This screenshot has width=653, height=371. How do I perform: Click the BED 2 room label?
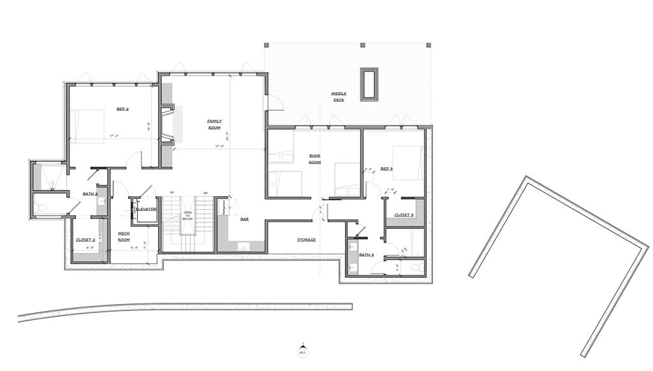click(122, 109)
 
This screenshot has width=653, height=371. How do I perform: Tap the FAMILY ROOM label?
click(214, 124)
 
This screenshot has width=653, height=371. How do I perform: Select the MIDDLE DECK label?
click(339, 96)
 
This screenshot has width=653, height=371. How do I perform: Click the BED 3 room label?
click(386, 169)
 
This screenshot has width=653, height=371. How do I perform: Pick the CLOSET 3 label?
click(404, 215)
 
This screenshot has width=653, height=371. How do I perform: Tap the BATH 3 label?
click(365, 255)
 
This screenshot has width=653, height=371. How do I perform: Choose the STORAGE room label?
click(306, 240)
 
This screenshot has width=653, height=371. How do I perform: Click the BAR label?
click(244, 219)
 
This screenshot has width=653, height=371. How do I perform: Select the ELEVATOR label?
click(146, 209)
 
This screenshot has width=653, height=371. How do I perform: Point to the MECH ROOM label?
click(124, 236)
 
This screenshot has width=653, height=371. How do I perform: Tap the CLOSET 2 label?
click(85, 240)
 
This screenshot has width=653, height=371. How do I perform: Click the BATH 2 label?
click(90, 193)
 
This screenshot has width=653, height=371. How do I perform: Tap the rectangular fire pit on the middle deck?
click(369, 84)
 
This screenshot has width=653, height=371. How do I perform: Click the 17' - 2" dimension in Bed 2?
click(115, 136)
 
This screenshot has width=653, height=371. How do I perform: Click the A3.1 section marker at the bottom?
click(303, 351)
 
